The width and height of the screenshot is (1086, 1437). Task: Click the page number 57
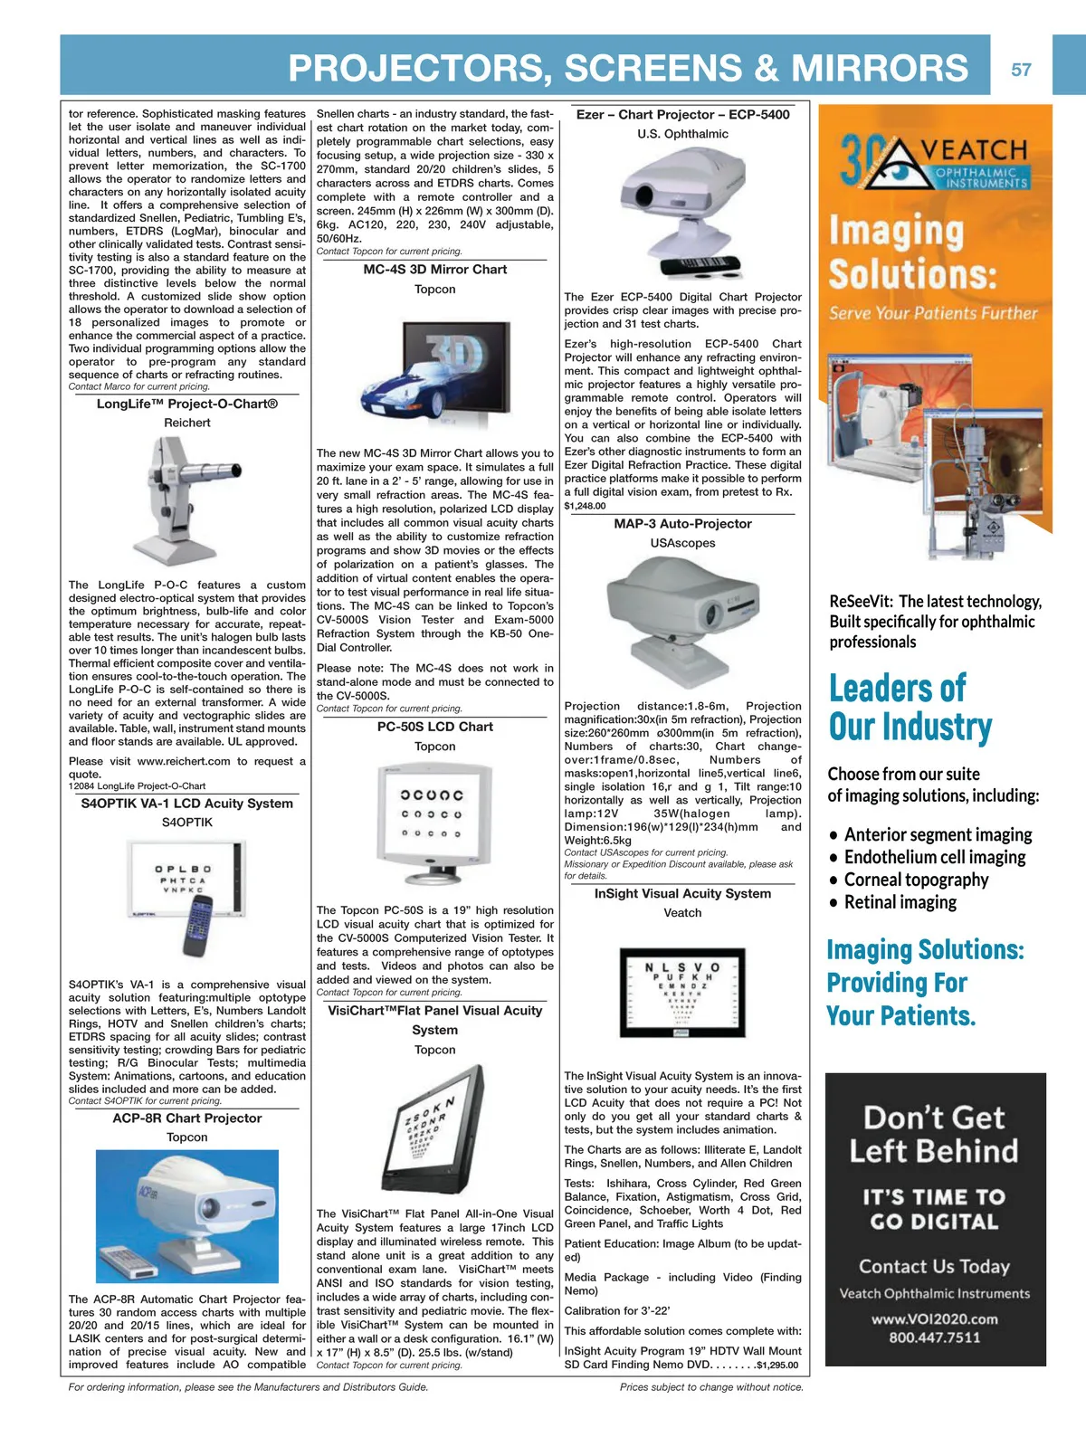(1021, 70)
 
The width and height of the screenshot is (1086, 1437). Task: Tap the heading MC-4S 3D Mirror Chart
(434, 270)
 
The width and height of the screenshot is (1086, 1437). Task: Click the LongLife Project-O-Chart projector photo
(182, 500)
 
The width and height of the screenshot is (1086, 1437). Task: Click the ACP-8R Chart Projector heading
(187, 1118)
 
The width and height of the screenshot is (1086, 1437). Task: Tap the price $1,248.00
(585, 506)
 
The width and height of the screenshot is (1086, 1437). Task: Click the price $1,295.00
(777, 1365)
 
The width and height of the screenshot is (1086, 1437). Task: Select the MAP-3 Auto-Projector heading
(682, 524)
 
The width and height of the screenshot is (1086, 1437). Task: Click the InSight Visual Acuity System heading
(682, 893)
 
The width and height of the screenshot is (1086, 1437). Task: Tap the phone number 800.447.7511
(934, 1337)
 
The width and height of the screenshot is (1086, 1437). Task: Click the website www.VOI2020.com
(934, 1318)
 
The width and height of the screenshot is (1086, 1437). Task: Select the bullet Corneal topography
(916, 880)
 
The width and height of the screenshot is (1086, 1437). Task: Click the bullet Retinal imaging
(900, 902)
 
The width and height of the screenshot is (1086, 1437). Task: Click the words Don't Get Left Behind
(934, 1135)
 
